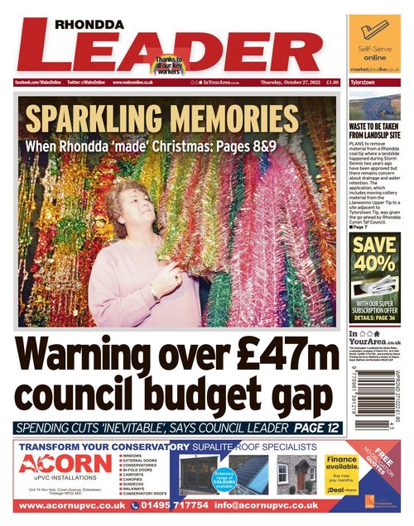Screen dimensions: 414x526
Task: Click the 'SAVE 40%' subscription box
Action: coord(374,255)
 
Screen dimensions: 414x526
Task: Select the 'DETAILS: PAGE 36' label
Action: coord(374,317)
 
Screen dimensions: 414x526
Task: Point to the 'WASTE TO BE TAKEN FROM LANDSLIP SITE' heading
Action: coord(374,130)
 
